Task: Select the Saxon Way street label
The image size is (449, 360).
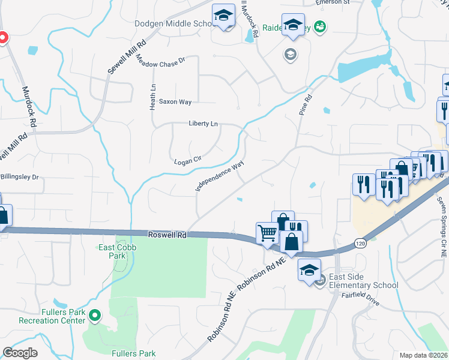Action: tap(175, 102)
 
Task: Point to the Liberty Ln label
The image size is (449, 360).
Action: tap(203, 124)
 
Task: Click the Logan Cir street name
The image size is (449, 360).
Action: tap(187, 161)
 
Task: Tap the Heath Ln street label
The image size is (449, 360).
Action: tap(153, 96)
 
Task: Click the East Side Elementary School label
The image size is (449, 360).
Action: tap(364, 281)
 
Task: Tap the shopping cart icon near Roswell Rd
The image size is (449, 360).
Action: tap(267, 232)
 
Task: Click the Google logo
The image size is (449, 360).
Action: tap(20, 353)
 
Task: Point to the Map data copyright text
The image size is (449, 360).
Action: tap(424, 355)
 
